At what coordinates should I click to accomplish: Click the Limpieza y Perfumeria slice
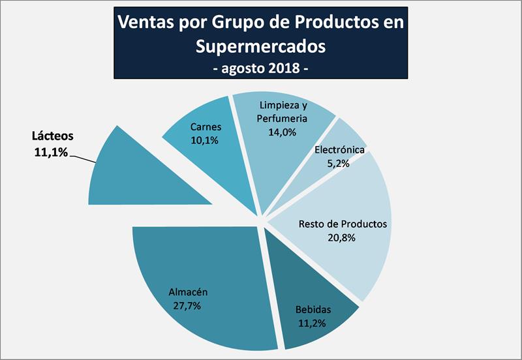point(274,157)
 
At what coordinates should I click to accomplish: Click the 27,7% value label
point(187,305)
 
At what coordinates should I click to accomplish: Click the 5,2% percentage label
point(339,164)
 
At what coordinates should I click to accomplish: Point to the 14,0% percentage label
point(283,132)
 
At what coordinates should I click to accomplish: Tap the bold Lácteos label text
point(53,137)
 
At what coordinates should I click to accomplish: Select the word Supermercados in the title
point(260,47)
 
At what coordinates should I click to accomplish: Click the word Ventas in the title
point(146,22)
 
